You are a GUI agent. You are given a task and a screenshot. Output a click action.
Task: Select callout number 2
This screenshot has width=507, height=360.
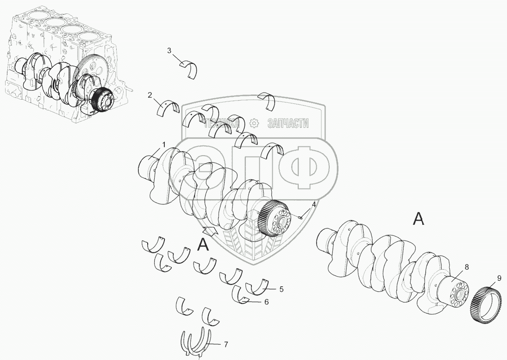pyautogui.click(x=150, y=95)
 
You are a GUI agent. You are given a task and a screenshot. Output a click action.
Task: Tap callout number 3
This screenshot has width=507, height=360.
pyautogui.click(x=169, y=51)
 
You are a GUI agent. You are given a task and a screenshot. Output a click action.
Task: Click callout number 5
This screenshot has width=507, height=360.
pyautogui.click(x=282, y=289)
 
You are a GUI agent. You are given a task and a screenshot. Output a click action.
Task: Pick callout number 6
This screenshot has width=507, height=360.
pyautogui.click(x=266, y=302)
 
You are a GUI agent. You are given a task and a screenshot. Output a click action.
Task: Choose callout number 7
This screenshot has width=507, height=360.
pyautogui.click(x=225, y=344)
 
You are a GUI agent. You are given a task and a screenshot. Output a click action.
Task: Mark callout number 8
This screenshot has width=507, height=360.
pyautogui.click(x=467, y=267)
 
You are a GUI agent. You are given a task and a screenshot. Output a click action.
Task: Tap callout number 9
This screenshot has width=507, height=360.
pyautogui.click(x=499, y=278)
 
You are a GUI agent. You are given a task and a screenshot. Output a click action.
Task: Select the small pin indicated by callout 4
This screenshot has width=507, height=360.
pyautogui.click(x=300, y=217)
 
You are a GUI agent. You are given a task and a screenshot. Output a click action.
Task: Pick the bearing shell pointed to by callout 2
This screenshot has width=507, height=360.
pyautogui.click(x=169, y=109)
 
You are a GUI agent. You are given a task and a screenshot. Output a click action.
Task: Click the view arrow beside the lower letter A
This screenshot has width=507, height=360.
pyautogui.click(x=210, y=231)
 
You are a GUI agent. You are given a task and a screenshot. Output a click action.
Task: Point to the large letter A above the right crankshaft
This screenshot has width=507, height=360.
pyautogui.click(x=419, y=219)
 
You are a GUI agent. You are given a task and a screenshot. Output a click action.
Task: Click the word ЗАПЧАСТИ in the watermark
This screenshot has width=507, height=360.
pyautogui.click(x=288, y=123)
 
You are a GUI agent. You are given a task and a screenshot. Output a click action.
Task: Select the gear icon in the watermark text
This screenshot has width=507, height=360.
pyautogui.click(x=255, y=123)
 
